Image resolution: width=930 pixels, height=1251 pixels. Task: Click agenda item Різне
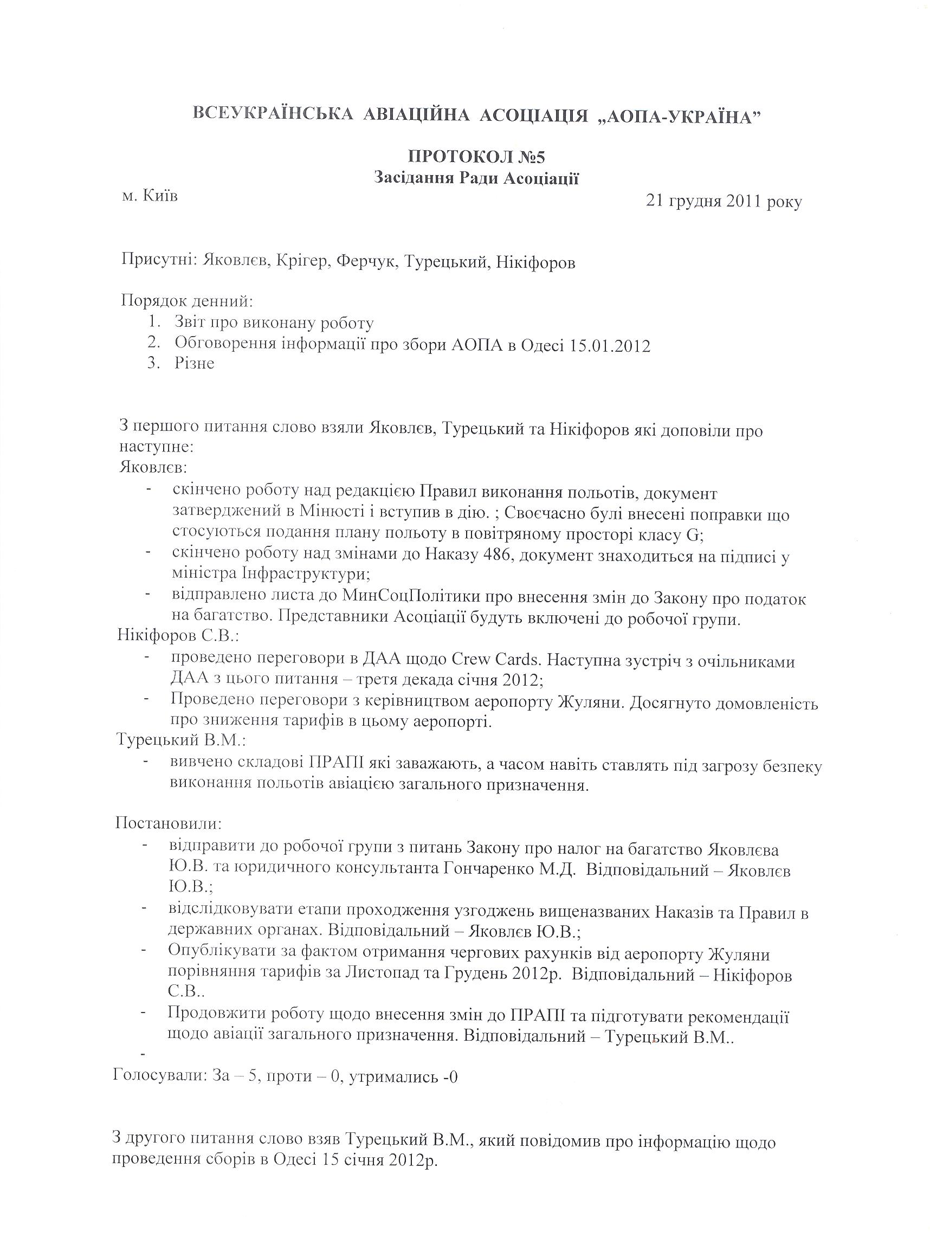(x=194, y=363)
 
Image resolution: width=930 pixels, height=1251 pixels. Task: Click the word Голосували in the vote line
(x=159, y=1078)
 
